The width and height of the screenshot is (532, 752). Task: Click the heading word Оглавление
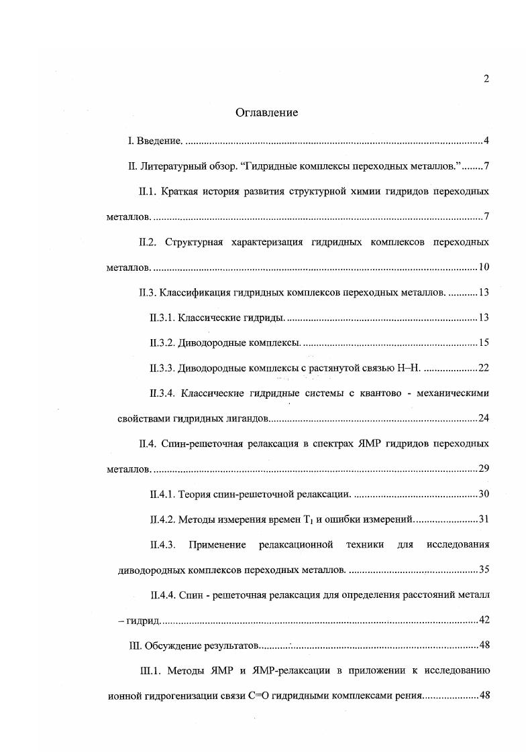click(x=266, y=113)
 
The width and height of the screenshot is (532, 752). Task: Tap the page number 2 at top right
click(x=486, y=78)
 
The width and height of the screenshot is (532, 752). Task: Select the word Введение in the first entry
click(x=159, y=141)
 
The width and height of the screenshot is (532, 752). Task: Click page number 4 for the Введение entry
click(x=486, y=141)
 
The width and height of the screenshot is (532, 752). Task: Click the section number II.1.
click(x=147, y=192)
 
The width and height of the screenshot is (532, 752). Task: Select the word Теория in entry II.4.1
click(x=195, y=495)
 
